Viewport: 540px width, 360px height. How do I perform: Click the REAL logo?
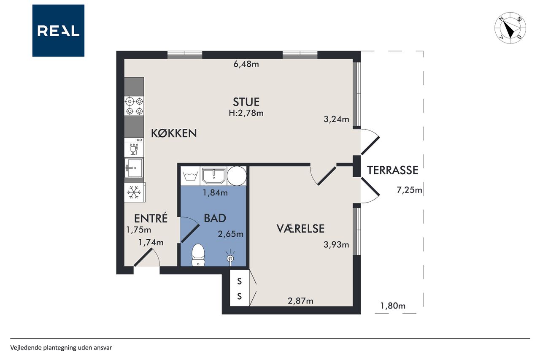58,31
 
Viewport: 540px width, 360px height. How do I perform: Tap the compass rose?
510,28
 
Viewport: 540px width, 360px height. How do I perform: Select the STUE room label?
246,102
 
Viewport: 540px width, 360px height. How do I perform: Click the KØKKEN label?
174,133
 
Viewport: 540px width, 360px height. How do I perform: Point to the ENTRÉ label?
151,218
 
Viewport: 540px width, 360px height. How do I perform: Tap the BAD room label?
215,218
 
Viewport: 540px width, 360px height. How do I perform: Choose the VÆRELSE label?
300,229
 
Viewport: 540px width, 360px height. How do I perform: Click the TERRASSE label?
392,170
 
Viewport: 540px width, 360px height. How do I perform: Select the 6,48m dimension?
246,64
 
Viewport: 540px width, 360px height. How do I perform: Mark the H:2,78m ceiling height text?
246,113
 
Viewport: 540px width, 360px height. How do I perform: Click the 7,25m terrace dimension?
409,190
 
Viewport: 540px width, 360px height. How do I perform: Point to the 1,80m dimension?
393,306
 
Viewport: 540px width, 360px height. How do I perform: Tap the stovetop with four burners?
134,106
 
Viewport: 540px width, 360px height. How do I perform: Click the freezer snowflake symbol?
134,192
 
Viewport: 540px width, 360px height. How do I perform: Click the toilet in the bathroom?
198,255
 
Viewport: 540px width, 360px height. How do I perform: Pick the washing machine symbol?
190,176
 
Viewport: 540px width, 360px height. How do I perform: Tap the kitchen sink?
134,168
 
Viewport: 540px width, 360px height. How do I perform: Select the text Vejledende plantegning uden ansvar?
61,348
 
